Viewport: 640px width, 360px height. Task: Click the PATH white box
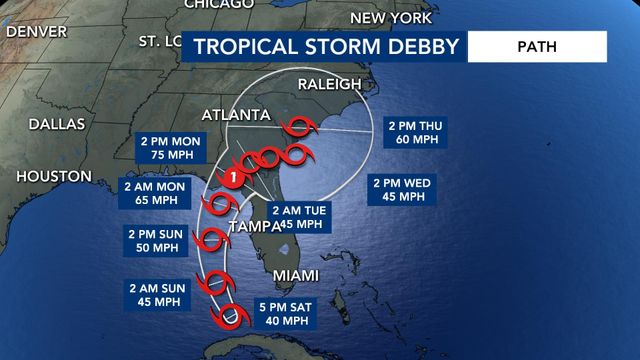point(537,46)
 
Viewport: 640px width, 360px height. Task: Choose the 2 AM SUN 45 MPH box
point(155,294)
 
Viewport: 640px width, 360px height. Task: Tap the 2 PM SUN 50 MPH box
point(155,241)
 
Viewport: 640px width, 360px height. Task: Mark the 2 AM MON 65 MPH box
point(155,192)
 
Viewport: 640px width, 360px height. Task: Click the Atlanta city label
point(237,113)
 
